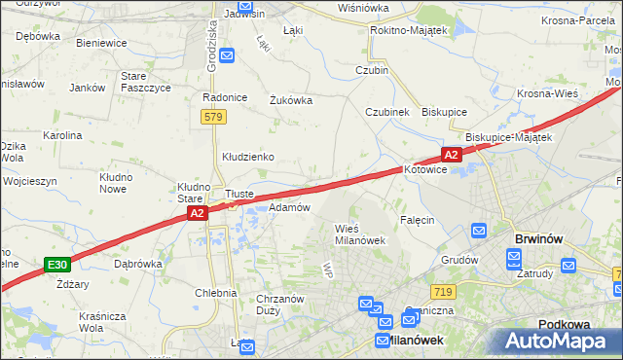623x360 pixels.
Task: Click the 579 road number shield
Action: [x=215, y=117]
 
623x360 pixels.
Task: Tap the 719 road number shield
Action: [x=442, y=292]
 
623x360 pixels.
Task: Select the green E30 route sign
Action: [x=57, y=264]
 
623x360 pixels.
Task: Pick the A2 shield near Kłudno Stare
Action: [x=197, y=212]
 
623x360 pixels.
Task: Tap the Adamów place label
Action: [x=289, y=207]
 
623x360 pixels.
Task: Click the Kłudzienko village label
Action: [x=248, y=157]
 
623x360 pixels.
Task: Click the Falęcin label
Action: [x=416, y=220]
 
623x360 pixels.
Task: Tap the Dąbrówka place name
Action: [x=137, y=263]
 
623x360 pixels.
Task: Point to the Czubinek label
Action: [x=386, y=112]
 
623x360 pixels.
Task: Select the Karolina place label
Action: [x=61, y=135]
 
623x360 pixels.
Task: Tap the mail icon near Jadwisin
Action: [x=227, y=55]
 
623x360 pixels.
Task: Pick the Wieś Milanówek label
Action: [x=360, y=234]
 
